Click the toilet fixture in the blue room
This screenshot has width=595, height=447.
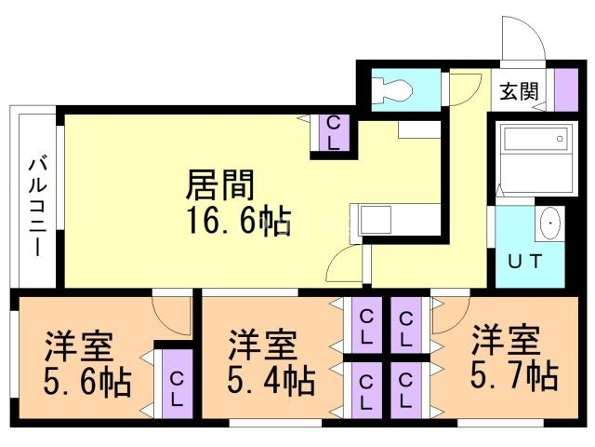click(392, 89)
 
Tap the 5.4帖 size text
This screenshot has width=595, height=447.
click(271, 381)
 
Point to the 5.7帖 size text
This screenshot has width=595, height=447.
click(513, 375)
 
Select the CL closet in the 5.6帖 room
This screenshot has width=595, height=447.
click(176, 384)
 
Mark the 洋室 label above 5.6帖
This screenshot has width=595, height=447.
click(79, 345)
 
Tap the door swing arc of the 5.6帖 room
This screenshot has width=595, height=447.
click(171, 317)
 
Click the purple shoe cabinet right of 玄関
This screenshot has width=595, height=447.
click(567, 90)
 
